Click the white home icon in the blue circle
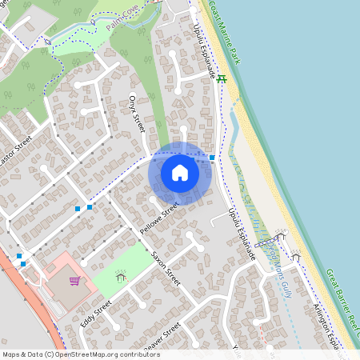[180, 172]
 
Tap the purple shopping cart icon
[74, 281]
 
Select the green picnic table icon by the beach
[222, 78]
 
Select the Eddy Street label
[95, 314]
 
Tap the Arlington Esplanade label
[324, 321]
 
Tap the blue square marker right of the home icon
[211, 158]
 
